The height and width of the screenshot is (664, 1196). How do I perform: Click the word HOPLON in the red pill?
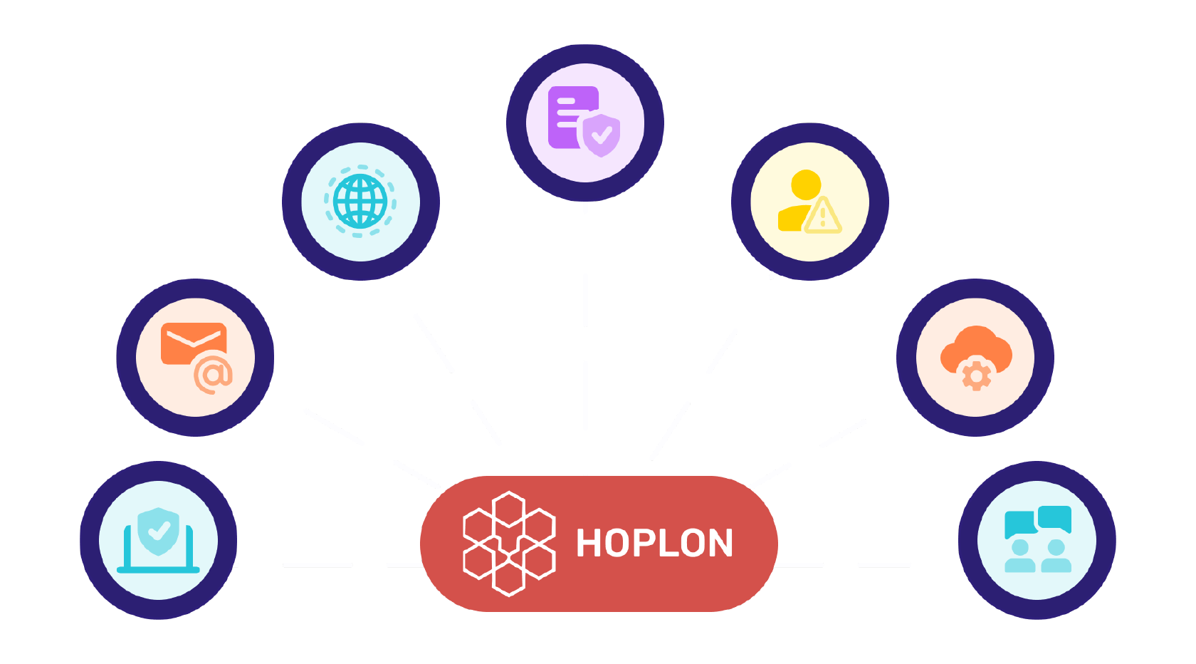tap(655, 544)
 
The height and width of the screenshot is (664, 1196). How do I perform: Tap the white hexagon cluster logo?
tap(509, 544)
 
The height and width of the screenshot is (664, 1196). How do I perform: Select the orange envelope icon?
tap(194, 343)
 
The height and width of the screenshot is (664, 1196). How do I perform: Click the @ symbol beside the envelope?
tap(213, 375)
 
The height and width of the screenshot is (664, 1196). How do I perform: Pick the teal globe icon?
tap(360, 202)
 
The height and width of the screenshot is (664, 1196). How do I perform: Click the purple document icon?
tap(571, 117)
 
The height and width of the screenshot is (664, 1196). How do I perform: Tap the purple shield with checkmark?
tap(601, 135)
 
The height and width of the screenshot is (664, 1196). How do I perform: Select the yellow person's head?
tap(806, 185)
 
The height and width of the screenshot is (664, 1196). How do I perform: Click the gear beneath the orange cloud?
tap(976, 376)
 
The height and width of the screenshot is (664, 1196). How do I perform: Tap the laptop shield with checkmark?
tap(158, 531)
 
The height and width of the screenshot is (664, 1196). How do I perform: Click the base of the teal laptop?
tap(158, 569)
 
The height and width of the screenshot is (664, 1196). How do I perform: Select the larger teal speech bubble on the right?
tap(1054, 519)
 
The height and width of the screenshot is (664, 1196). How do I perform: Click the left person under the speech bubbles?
tap(1019, 556)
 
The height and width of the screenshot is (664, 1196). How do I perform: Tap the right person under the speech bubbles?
tap(1056, 556)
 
